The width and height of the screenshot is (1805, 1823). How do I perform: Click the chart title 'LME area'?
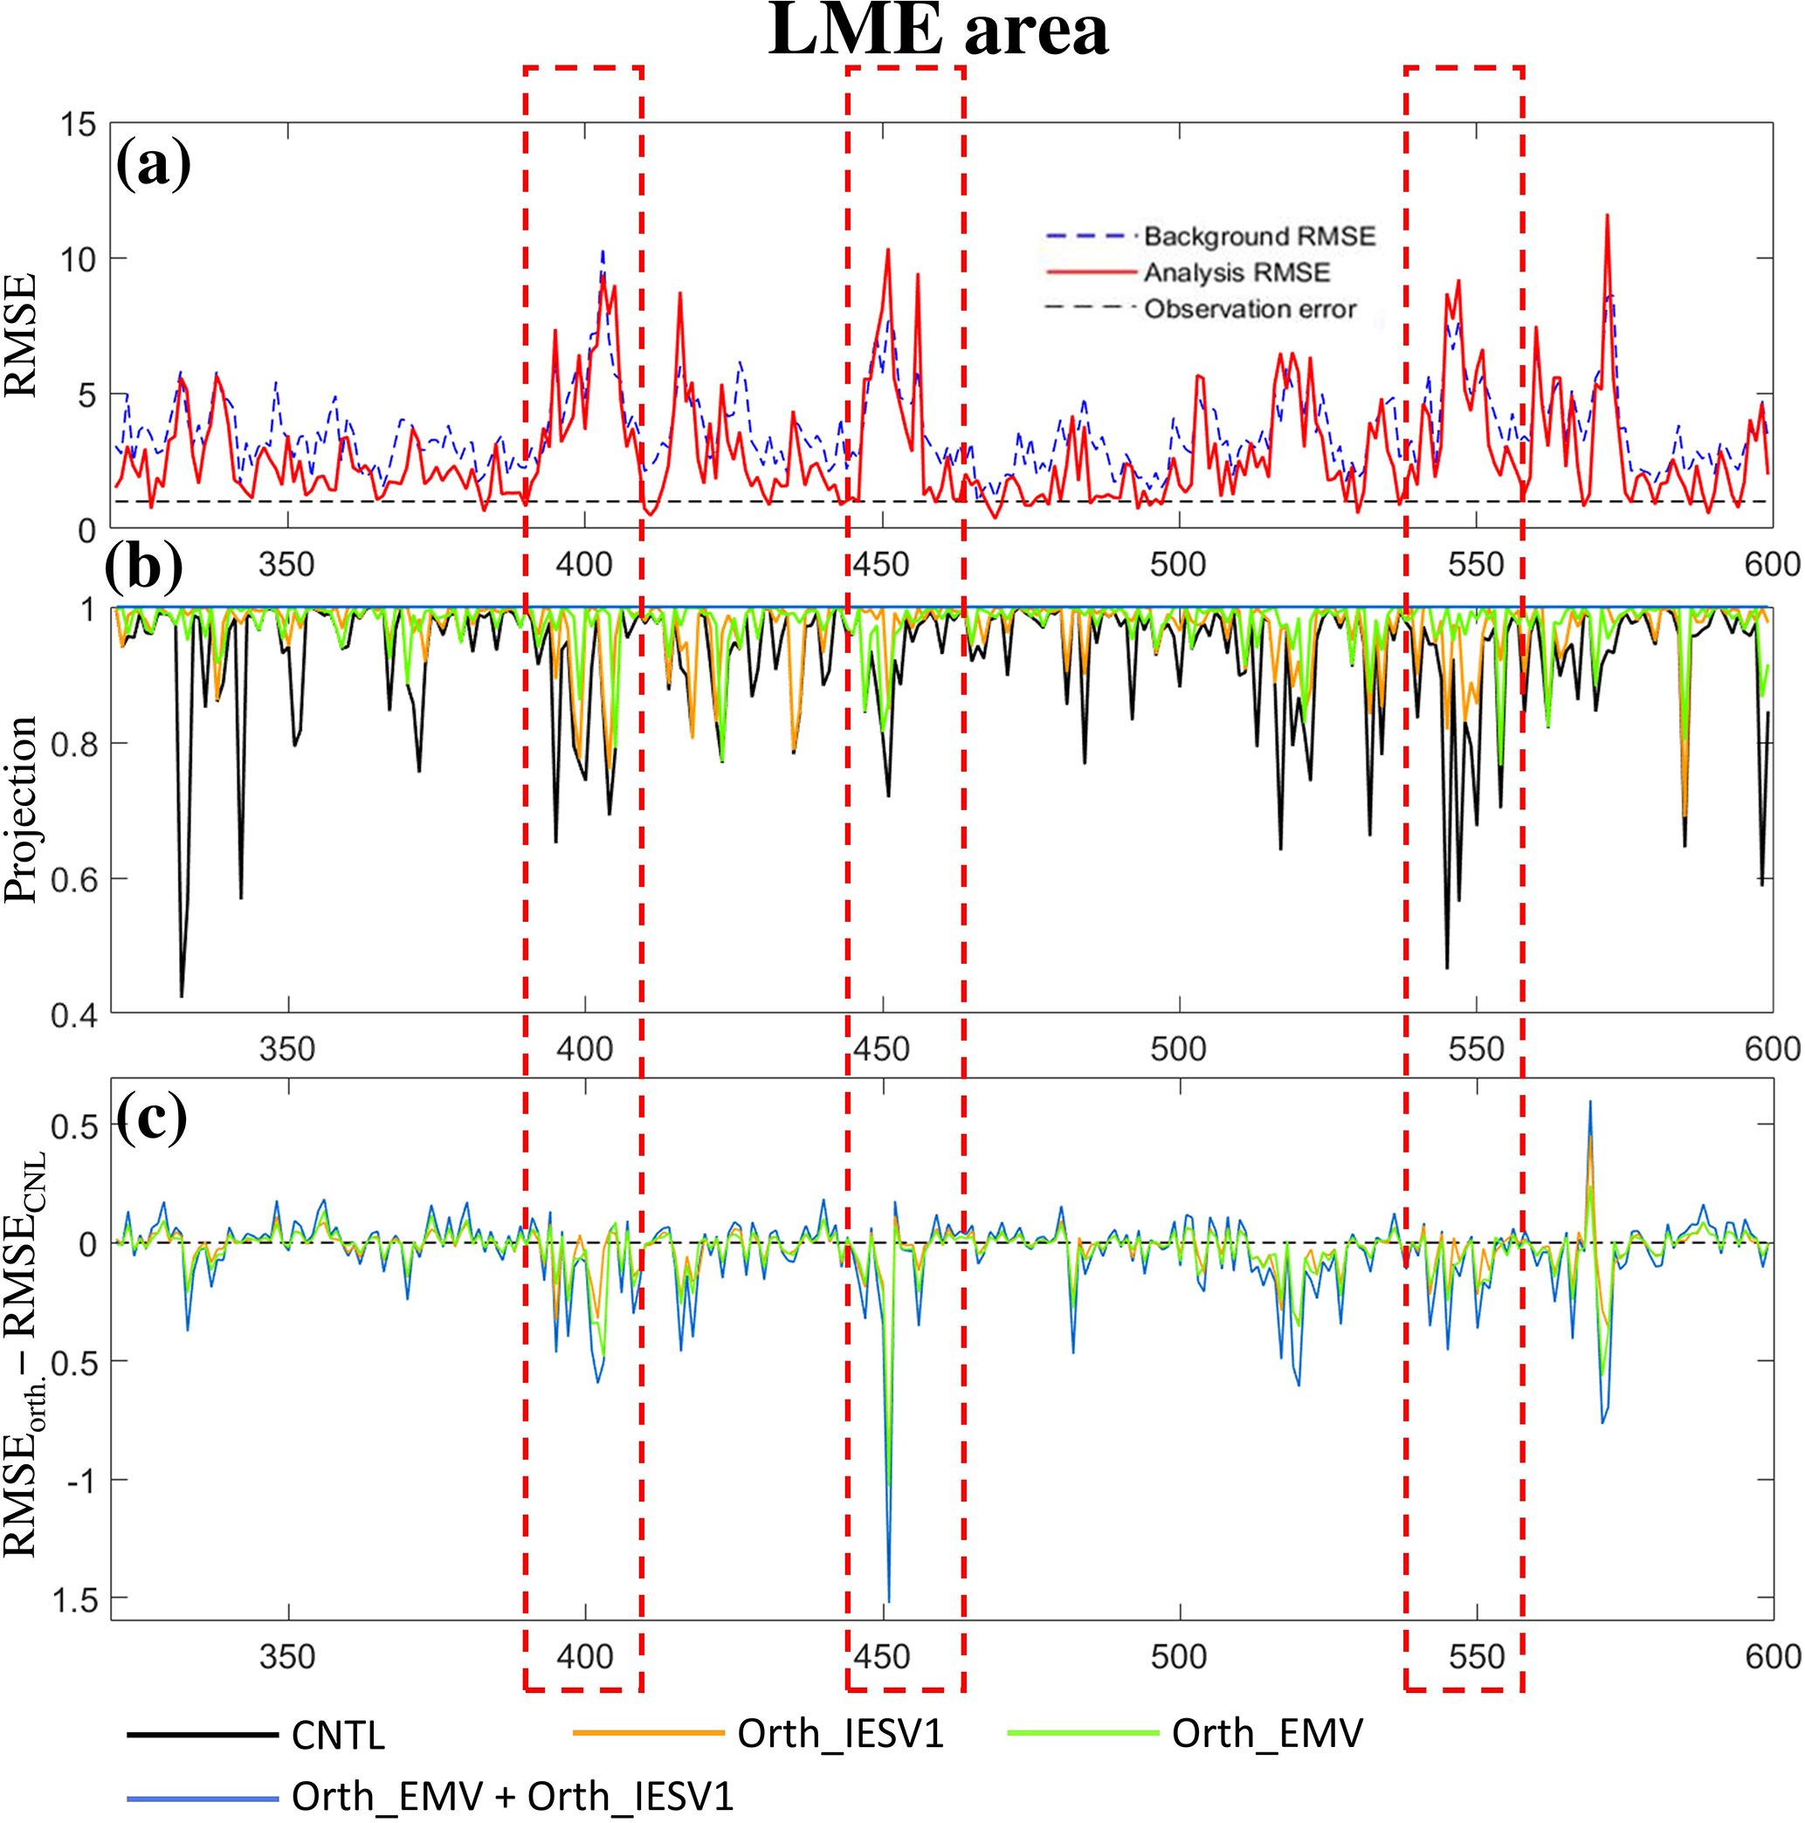[938, 31]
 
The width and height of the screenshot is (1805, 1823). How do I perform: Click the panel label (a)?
[153, 165]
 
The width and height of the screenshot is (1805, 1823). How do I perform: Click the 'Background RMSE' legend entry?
[1258, 236]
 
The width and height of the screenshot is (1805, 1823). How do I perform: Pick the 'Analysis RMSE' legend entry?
[1236, 272]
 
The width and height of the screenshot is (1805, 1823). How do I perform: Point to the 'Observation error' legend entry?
[1250, 309]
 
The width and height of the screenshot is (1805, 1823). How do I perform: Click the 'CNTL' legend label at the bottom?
[338, 1735]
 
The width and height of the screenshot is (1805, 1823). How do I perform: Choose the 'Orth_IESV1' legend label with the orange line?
[840, 1733]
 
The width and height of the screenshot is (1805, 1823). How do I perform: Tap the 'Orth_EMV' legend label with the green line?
[1266, 1733]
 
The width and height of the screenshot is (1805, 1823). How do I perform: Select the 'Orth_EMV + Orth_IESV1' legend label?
[513, 1797]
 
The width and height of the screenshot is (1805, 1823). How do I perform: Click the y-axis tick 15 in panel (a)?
[78, 125]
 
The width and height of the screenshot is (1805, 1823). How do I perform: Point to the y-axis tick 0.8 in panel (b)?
[72, 745]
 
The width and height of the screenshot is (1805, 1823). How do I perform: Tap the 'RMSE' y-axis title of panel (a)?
[21, 335]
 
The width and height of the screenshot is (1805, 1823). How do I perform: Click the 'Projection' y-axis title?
[21, 809]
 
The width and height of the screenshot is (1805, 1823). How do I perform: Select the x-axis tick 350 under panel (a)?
[286, 565]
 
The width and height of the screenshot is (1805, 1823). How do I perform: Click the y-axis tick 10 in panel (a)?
[78, 259]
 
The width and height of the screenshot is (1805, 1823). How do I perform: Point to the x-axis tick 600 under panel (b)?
[1771, 1049]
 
